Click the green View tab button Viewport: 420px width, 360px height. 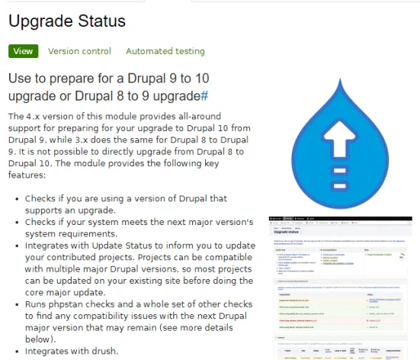(x=23, y=51)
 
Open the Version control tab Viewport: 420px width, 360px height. (x=79, y=51)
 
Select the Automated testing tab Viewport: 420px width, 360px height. (x=165, y=51)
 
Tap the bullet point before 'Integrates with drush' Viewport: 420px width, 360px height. (x=17, y=351)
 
